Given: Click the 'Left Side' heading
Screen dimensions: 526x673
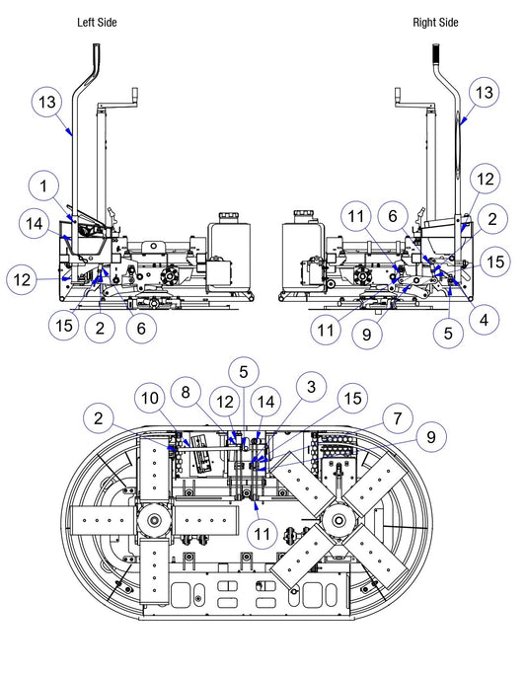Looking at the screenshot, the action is point(97,23).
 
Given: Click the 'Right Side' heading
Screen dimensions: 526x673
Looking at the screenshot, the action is point(435,23).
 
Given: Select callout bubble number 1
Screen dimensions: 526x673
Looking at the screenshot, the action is point(43,187).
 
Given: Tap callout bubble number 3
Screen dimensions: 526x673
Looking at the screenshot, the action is point(311,387).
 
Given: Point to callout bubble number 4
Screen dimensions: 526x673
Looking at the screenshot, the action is point(484,320).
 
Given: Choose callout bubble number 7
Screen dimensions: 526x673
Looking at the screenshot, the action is point(397,418).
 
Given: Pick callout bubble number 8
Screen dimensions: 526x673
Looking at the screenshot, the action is point(186,392).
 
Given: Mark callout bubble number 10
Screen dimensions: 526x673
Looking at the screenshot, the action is point(150,399).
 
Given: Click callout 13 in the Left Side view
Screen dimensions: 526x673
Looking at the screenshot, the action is point(47,103).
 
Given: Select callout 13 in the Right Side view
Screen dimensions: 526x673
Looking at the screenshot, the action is point(484,93).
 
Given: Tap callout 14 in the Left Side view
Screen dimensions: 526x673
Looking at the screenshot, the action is point(35,224).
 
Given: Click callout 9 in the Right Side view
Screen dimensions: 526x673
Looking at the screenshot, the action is point(367,334).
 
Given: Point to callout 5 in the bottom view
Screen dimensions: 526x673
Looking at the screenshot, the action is point(244,372).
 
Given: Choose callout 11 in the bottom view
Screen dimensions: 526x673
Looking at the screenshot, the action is point(263,535).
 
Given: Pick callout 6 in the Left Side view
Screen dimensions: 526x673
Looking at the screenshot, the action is point(141,329).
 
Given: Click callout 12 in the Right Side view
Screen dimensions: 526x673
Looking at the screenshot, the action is point(486,179).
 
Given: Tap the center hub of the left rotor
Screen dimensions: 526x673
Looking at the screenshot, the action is point(154,521).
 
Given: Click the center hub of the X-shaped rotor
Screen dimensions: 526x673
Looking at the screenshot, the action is point(338,521).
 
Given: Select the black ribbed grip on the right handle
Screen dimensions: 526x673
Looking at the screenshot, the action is point(436,53).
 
